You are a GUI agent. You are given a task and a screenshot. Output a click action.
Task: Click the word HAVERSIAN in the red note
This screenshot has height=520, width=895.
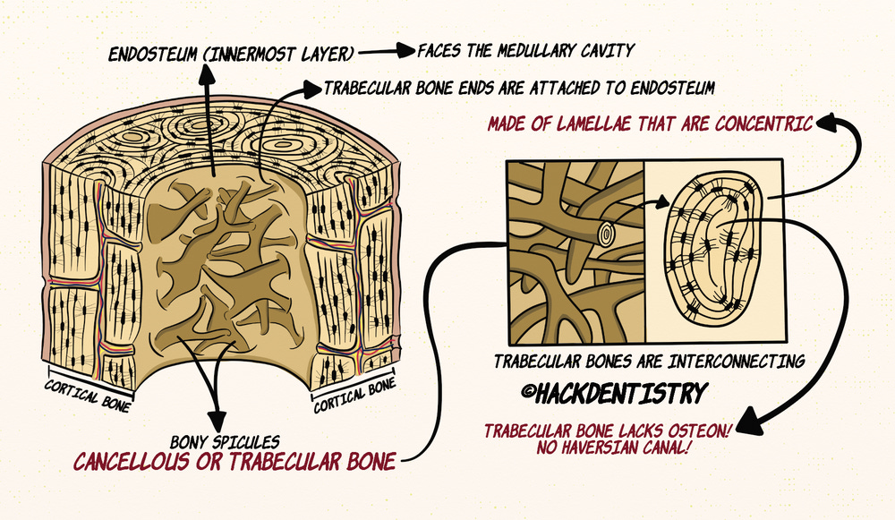click(601, 447)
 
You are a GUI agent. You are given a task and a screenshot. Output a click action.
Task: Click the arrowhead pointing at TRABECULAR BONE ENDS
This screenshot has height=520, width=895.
click(311, 89)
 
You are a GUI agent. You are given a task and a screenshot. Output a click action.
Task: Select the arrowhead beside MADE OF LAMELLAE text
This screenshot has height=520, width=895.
click(826, 120)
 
